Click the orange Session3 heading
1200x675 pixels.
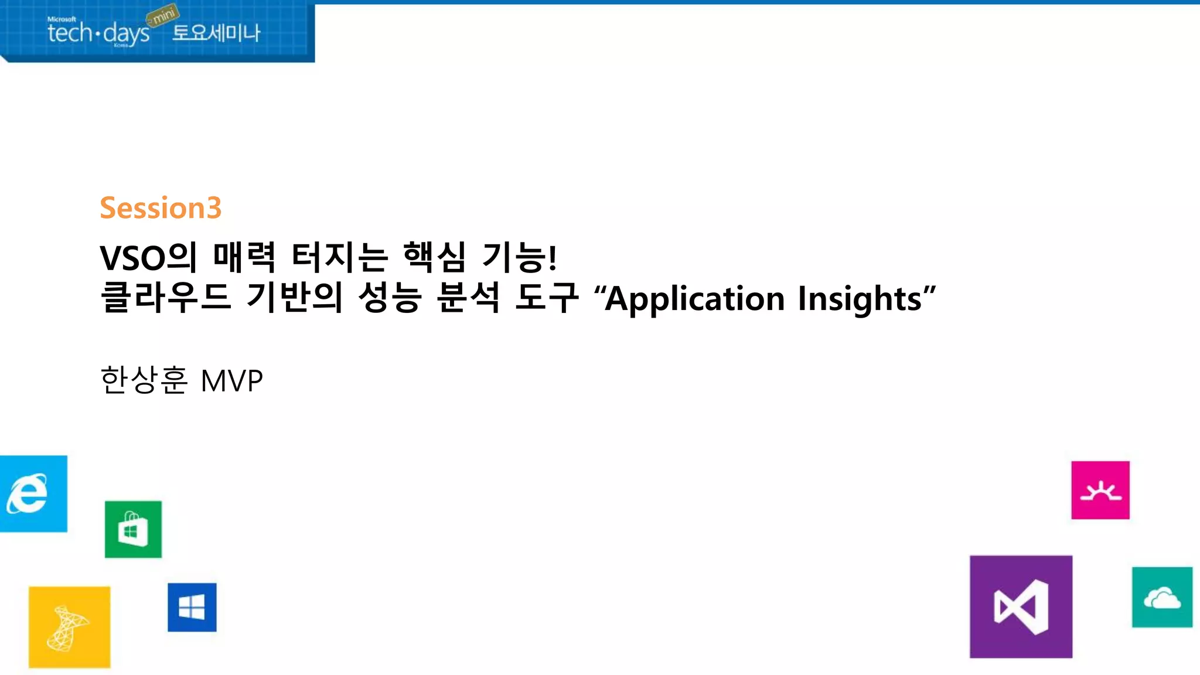coord(161,208)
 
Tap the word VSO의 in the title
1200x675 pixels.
coord(149,257)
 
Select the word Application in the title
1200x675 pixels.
coord(694,299)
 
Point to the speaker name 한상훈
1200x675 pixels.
coord(144,380)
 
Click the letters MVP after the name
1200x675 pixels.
coord(231,381)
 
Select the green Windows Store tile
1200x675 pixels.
coord(133,529)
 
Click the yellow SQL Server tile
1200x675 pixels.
coord(69,627)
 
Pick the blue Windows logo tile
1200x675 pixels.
coord(192,607)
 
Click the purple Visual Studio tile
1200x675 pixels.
coord(1021,606)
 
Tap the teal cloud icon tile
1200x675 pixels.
coord(1162,597)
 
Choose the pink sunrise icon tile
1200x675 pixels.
coord(1100,490)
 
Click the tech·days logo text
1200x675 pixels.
coord(98,33)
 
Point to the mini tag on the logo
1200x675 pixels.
coord(163,15)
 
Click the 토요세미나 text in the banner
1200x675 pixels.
coord(216,32)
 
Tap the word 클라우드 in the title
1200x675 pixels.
coord(166,297)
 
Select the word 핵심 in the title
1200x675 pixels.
coord(434,257)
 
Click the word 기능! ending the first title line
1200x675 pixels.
coord(519,257)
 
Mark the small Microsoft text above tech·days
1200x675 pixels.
coord(62,19)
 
